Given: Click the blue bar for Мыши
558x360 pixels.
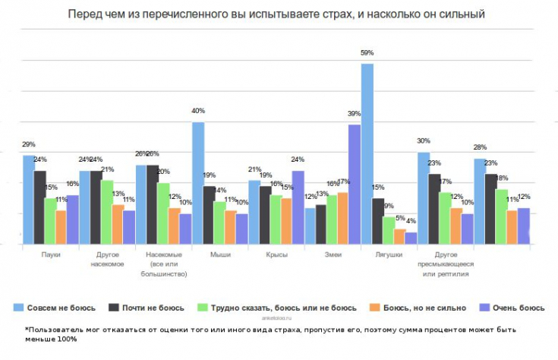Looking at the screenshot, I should tap(198, 183).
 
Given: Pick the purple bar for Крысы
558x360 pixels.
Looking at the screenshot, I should tap(298, 207).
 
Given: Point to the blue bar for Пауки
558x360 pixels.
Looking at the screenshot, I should tap(29, 199).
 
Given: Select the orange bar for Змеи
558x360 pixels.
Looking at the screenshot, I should tap(343, 218).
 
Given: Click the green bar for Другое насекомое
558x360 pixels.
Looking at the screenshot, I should tap(107, 212).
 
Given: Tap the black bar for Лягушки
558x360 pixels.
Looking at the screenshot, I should tap(378, 221).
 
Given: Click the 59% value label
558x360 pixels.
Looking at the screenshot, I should tap(367, 52).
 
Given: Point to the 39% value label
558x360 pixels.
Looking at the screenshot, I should tap(354, 113).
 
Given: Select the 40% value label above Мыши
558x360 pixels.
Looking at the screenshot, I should tap(198, 111).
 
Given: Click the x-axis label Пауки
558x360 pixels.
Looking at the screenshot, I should tap(51, 255).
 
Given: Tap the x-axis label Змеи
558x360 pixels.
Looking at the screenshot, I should tap(333, 255).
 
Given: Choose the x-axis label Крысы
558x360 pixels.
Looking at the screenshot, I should tap(276, 255).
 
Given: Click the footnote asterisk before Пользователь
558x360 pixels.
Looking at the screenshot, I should tap(27, 329).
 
